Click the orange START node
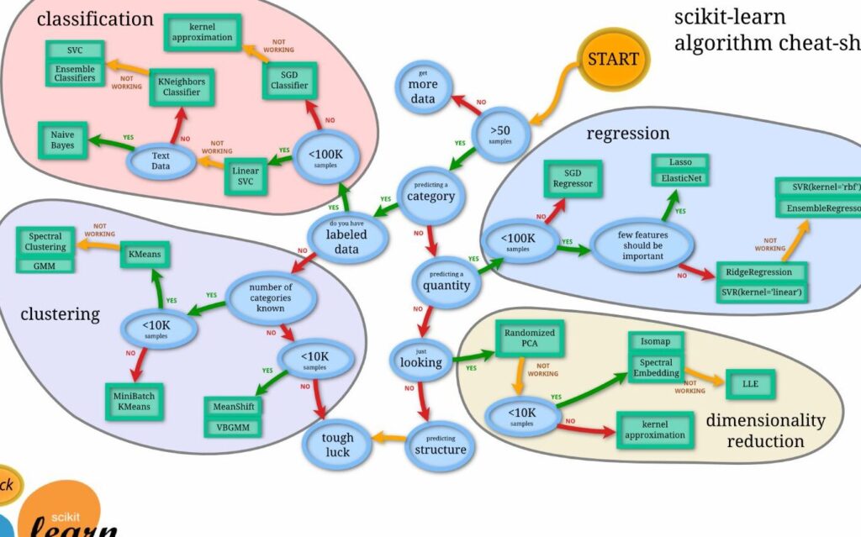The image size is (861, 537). click(613, 60)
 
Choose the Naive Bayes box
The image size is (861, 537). click(62, 140)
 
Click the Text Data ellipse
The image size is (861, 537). click(161, 161)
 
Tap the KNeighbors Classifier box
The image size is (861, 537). click(181, 87)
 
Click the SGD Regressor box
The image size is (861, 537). click(572, 178)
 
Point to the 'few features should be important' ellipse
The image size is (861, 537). click(640, 244)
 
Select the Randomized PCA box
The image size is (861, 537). click(529, 339)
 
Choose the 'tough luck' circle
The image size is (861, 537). click(336, 445)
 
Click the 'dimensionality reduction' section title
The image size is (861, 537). click(765, 430)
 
